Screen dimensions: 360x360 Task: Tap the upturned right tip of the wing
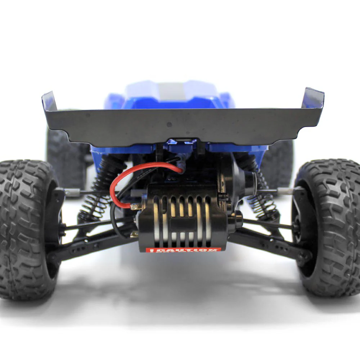click(313, 97)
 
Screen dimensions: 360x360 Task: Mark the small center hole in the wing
click(169, 124)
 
